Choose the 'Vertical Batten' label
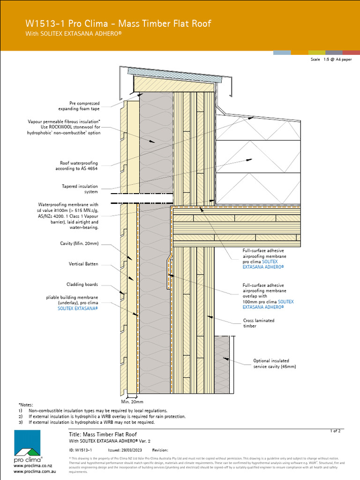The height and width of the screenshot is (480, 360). click(x=83, y=264)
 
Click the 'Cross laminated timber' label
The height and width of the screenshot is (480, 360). click(x=258, y=323)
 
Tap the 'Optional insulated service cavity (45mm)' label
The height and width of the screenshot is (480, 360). click(x=274, y=364)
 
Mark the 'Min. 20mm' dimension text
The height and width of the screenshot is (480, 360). click(x=132, y=402)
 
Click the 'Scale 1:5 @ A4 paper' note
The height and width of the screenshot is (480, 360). click(x=331, y=60)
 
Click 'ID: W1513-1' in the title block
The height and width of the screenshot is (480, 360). click(x=80, y=450)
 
